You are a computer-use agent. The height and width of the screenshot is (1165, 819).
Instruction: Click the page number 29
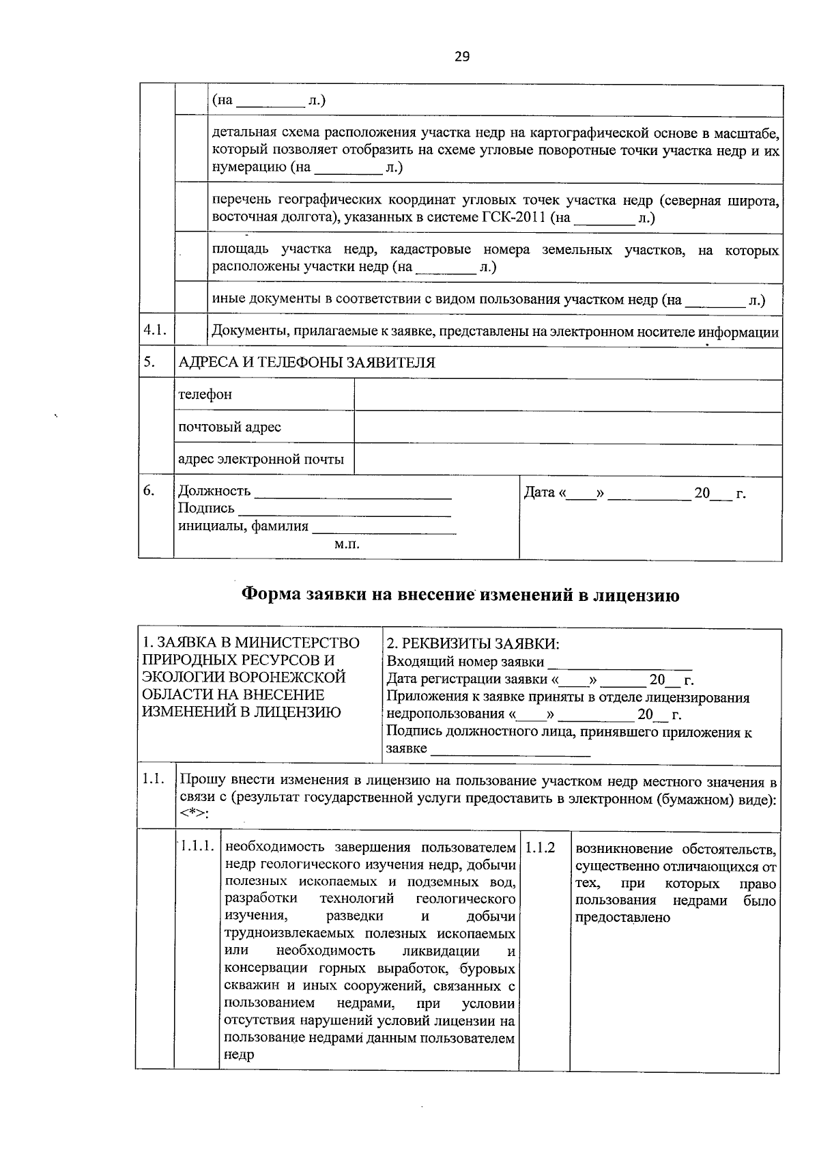(462, 57)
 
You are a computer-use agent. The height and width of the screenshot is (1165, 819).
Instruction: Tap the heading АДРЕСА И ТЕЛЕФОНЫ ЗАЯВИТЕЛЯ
(306, 363)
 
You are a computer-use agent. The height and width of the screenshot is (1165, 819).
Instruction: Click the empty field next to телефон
(567, 395)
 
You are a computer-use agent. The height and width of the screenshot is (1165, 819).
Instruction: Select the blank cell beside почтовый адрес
(567, 427)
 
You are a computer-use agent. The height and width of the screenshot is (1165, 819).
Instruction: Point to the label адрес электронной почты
(261, 460)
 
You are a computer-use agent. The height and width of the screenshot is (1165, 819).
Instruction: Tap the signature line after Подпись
(344, 509)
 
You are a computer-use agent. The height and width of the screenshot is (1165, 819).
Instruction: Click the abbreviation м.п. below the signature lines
(347, 544)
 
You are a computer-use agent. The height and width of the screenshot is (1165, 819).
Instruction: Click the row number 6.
(149, 490)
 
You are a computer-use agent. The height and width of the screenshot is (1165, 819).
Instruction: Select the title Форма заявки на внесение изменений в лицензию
(461, 595)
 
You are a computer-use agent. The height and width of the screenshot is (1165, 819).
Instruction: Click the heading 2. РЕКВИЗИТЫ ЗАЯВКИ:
(472, 643)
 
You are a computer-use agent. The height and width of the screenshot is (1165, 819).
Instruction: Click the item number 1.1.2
(540, 847)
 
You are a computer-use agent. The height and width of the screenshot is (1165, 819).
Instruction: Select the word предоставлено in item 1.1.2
(622, 918)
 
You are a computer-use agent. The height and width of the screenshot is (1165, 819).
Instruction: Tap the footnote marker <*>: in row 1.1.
(195, 815)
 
